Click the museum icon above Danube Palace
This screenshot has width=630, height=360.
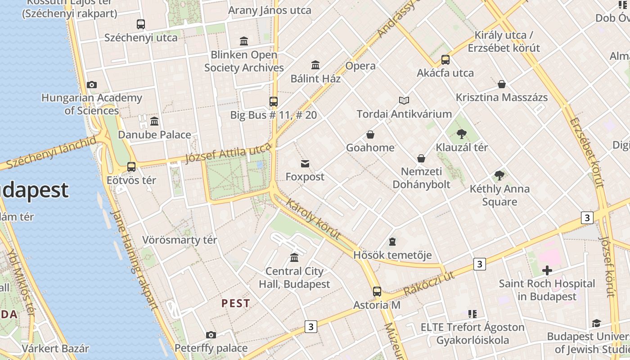click(154, 121)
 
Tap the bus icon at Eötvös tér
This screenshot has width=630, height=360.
click(131, 167)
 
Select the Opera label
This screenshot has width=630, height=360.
click(360, 66)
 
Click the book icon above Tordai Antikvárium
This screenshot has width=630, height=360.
click(404, 100)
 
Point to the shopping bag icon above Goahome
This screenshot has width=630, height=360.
click(370, 135)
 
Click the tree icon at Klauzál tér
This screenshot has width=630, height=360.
click(461, 134)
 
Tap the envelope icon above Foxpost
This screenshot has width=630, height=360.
click(305, 163)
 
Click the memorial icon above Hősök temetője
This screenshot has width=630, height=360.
click(392, 242)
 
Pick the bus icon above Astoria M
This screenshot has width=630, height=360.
click(377, 292)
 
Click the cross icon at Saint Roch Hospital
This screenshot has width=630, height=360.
click(547, 270)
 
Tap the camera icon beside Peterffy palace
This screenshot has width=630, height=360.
click(211, 335)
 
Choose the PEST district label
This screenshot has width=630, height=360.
click(235, 303)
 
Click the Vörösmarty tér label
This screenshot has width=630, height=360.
click(180, 240)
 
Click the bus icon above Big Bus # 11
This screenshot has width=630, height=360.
click(274, 101)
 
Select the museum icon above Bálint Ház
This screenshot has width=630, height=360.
click(315, 65)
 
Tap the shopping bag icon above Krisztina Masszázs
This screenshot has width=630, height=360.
click(502, 84)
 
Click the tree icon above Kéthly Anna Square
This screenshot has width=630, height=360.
click(499, 175)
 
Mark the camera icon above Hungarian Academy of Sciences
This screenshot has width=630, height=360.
click(92, 85)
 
